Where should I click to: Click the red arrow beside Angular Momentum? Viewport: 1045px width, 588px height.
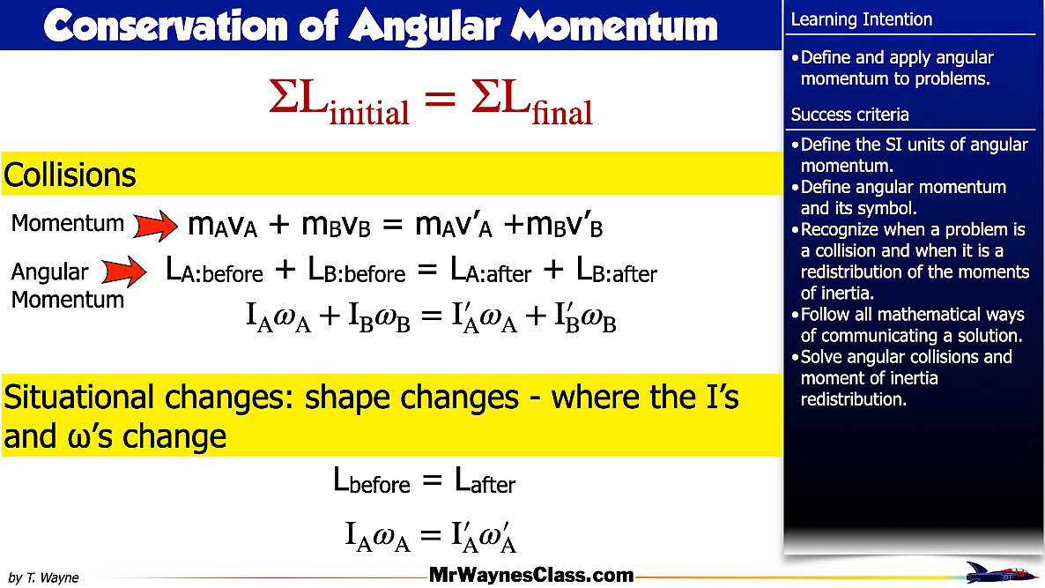point(124,272)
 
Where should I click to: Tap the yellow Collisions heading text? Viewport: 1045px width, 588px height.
point(70,175)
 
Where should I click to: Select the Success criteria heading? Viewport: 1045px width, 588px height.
point(849,115)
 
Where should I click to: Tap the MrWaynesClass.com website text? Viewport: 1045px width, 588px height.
point(531,576)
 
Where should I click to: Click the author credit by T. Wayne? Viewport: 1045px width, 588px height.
point(44,577)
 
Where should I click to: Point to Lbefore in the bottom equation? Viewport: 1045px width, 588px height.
point(372,481)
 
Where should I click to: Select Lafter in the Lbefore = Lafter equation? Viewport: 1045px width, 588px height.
point(485,481)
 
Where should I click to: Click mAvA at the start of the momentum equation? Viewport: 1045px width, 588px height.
point(222,226)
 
